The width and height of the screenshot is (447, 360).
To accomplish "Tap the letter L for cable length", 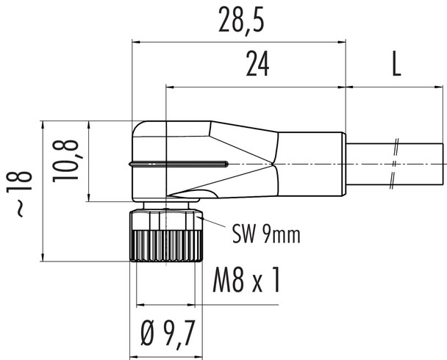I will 396,67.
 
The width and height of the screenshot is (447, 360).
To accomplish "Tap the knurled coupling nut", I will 166,245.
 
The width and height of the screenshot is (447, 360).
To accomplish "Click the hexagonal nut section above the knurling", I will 166,219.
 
